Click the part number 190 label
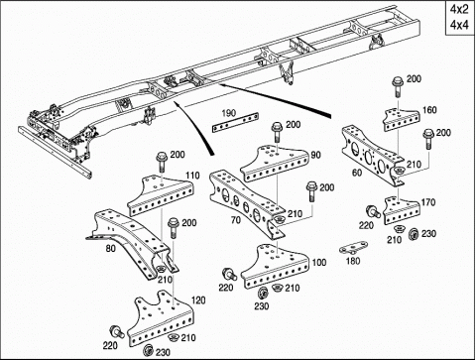pos(229,113)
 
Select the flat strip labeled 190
pos(235,123)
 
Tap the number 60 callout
pos(357,173)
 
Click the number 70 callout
pos(236,220)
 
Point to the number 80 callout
pos(111,248)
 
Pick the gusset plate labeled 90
pos(275,164)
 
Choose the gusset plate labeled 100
pos(276,266)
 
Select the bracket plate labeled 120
pos(161,317)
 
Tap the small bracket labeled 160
pos(402,120)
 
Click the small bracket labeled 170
pos(403,210)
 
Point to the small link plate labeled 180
pos(354,248)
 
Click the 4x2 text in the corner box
pos(459,10)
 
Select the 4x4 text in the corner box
pos(459,25)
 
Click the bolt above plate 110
pos(162,162)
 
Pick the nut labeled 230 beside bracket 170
pos(414,234)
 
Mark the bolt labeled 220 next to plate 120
pos(117,331)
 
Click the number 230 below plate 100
pos(261,306)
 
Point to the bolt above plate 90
pos(278,132)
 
